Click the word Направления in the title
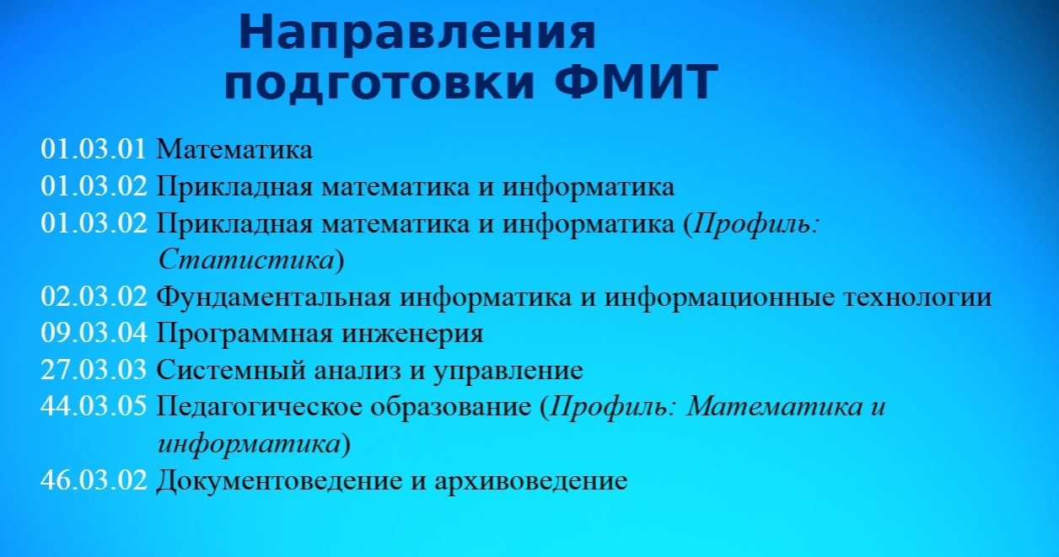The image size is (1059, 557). (417, 32)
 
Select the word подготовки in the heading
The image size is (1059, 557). (379, 83)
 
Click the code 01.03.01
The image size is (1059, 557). (94, 149)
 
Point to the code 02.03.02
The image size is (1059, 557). (94, 297)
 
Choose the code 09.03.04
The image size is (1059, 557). (94, 333)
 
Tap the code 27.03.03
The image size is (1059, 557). (94, 369)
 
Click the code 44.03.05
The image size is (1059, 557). (94, 406)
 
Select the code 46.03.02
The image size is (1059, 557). (94, 480)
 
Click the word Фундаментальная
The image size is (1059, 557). (273, 297)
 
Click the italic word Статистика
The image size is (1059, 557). (246, 260)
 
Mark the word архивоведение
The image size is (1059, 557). (531, 482)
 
